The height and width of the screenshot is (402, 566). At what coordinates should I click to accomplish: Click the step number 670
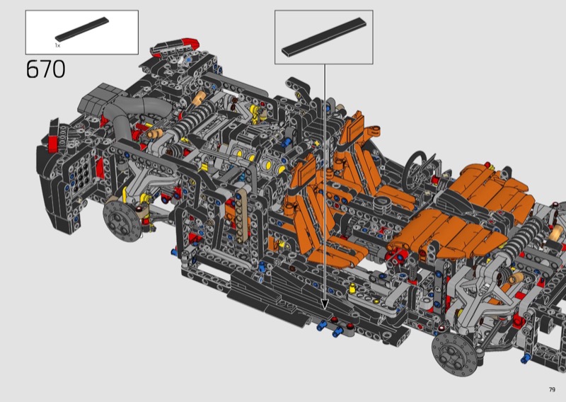pyautogui.click(x=46, y=69)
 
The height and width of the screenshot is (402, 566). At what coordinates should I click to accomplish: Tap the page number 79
pyautogui.click(x=552, y=389)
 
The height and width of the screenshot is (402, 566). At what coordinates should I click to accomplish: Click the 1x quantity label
pyautogui.click(x=57, y=45)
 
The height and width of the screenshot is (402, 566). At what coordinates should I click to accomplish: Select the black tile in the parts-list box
pyautogui.click(x=82, y=29)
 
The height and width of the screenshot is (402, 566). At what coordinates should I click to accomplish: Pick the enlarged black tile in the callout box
pyautogui.click(x=324, y=37)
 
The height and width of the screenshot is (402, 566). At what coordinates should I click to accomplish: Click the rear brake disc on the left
pyautogui.click(x=122, y=221)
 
